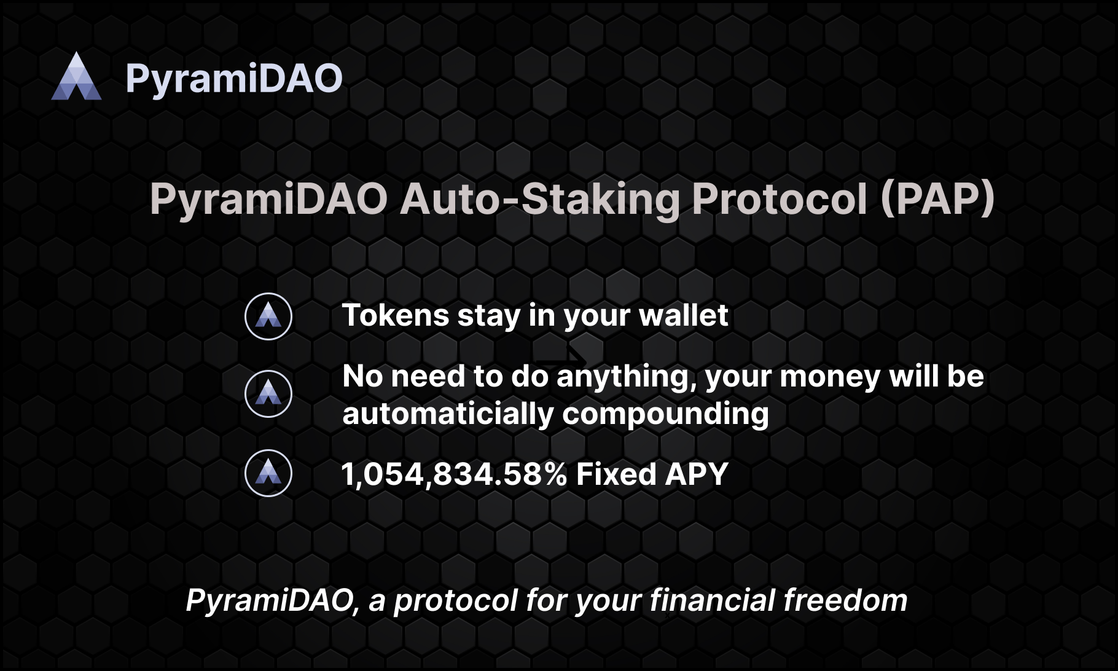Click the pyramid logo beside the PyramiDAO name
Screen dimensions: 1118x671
pos(76,76)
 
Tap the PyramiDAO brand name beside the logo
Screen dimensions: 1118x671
pos(234,79)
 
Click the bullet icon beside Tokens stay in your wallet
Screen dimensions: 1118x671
pos(268,316)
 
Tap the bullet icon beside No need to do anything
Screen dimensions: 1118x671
pos(268,394)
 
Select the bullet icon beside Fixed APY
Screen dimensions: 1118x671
pos(268,473)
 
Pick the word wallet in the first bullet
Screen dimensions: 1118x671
pos(684,315)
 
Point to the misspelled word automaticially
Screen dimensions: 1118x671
pos(448,414)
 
